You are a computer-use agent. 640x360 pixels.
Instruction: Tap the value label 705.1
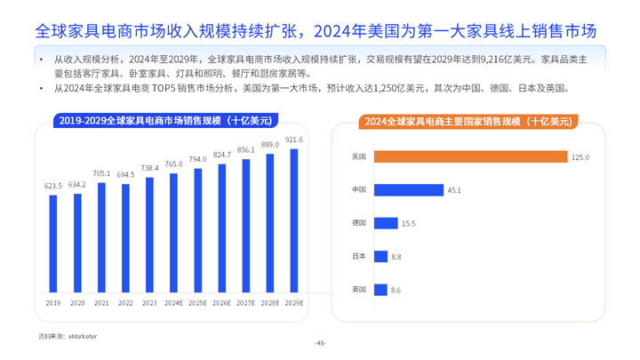102,173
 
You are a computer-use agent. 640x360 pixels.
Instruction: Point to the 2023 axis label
150,303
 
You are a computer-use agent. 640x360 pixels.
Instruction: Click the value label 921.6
294,140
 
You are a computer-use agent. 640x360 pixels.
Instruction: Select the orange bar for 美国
470,156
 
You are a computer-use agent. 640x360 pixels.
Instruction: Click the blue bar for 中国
409,189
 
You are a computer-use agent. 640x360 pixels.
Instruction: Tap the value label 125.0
580,157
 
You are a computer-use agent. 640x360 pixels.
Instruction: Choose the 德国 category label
360,223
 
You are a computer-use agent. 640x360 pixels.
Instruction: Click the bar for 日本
380,256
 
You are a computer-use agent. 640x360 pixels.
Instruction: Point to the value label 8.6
396,290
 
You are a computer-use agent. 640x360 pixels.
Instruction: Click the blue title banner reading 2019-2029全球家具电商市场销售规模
164,119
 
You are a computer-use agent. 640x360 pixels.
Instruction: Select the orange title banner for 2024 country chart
468,120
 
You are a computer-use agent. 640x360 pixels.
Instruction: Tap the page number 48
320,344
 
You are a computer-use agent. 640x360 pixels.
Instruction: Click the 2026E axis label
222,303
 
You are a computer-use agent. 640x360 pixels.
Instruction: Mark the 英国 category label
360,290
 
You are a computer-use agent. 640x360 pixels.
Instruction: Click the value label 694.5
126,175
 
